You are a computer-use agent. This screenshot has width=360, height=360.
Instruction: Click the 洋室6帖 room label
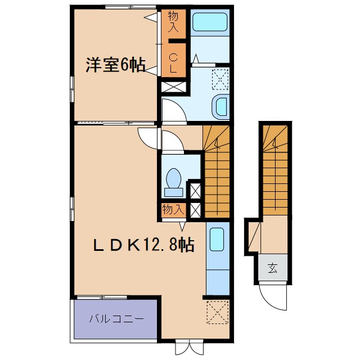[x=114, y=65]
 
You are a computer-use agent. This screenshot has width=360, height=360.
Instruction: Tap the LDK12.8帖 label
[x=143, y=245]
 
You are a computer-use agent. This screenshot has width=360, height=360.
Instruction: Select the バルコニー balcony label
[x=115, y=318]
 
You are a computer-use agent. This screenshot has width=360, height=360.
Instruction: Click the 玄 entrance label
[x=273, y=267]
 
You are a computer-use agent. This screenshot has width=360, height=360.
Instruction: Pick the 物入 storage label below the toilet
[x=173, y=210]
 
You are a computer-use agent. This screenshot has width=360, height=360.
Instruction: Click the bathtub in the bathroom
[x=210, y=23]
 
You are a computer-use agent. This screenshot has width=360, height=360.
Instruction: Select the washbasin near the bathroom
[x=220, y=105]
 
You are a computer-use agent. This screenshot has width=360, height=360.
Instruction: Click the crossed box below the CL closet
[x=171, y=88]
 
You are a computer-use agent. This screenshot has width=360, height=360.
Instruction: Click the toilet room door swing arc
[x=172, y=140]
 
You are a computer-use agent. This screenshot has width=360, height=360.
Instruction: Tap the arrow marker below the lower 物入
[x=182, y=226]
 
